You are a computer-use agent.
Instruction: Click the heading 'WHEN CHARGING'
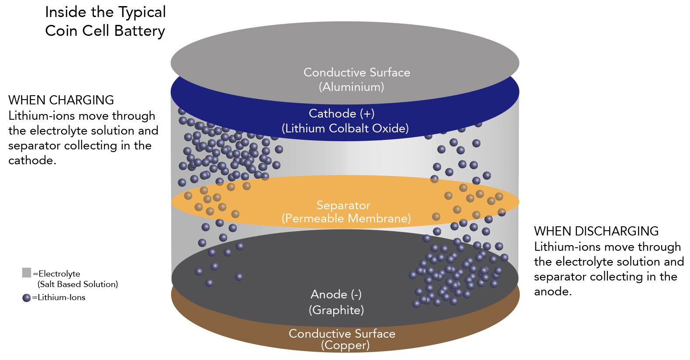[x=61, y=100]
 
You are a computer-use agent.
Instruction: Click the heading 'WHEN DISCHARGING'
[x=596, y=231]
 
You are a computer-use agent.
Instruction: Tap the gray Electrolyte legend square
[x=27, y=273]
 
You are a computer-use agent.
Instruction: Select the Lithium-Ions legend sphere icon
[x=27, y=298]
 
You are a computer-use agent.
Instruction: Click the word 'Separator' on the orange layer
[x=343, y=205]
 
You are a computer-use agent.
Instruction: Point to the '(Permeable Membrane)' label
[x=346, y=218]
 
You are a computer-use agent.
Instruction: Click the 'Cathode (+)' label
[x=342, y=114]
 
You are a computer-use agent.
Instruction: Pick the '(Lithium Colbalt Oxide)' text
[x=345, y=128]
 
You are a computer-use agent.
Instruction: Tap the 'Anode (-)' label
[x=336, y=294]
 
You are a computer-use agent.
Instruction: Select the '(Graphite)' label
[x=336, y=310]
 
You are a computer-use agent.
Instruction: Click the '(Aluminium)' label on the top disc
[x=352, y=87]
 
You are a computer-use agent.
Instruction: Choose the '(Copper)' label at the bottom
[x=345, y=346]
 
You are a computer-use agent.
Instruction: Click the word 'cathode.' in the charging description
[x=32, y=160]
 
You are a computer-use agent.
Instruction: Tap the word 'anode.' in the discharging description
[x=553, y=291]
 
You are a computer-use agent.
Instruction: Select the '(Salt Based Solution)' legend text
[x=78, y=284]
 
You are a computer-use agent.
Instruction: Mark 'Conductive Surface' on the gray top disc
[x=357, y=73]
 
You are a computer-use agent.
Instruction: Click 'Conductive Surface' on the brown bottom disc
[x=342, y=334]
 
